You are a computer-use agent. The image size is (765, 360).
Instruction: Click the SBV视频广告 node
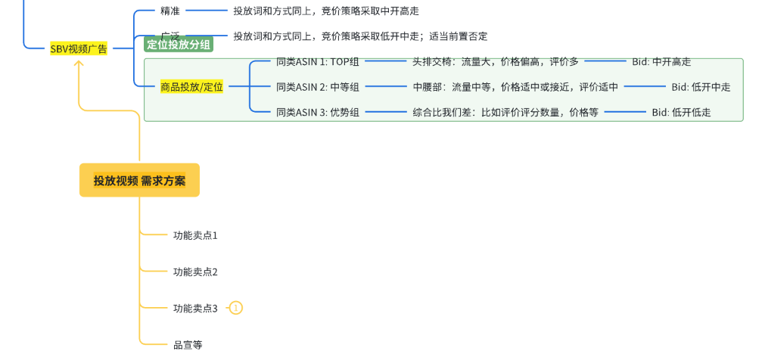[79, 48]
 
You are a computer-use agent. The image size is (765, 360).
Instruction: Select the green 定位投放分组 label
[179, 45]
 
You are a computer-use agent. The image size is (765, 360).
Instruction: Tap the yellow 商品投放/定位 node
[191, 87]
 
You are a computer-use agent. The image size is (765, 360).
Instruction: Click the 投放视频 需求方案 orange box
[139, 180]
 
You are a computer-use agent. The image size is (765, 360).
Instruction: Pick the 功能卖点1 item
[195, 235]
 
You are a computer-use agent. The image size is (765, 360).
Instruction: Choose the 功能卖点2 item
[195, 272]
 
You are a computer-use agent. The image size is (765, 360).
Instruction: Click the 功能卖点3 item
[195, 308]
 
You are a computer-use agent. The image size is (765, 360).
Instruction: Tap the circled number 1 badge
[236, 308]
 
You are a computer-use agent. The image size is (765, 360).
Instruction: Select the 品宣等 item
[188, 345]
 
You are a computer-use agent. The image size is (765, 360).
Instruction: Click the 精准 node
[170, 11]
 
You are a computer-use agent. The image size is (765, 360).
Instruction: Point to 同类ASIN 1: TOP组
[318, 62]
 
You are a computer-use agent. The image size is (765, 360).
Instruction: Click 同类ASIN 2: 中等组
[318, 87]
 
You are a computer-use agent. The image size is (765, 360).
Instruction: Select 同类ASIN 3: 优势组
[318, 113]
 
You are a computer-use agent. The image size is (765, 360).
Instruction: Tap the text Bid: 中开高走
[661, 62]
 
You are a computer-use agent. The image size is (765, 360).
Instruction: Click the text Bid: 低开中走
[701, 87]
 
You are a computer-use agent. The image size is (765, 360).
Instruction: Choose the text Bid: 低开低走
[681, 113]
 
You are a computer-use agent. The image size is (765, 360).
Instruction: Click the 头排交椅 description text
[496, 62]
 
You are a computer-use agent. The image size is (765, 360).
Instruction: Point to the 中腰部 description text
[515, 87]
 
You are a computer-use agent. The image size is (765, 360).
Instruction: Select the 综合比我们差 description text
[505, 113]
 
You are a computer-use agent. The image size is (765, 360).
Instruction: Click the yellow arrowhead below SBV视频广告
[79, 64]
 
